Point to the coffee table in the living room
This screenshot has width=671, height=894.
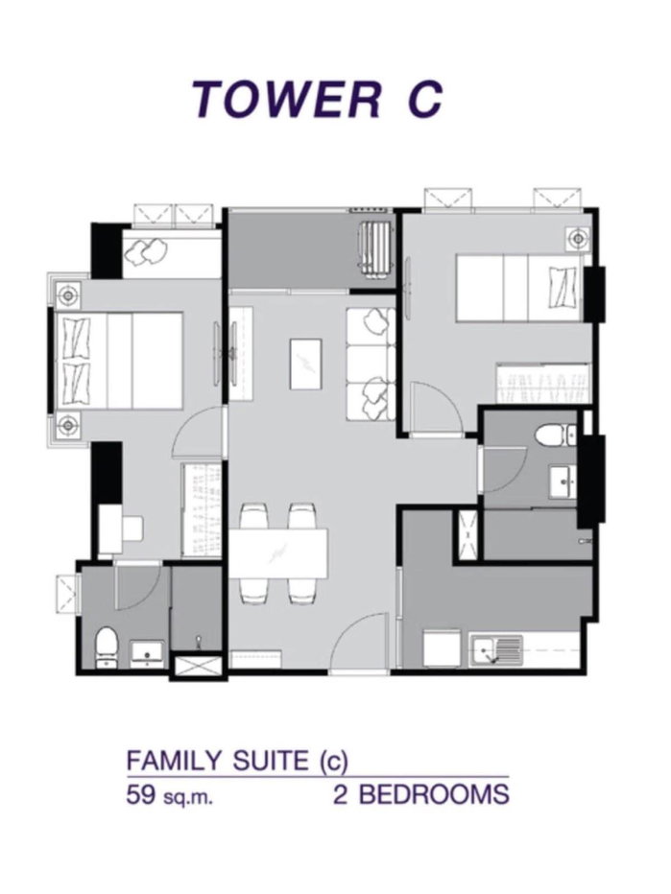pos(306,364)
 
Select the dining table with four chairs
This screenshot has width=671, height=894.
pos(278,553)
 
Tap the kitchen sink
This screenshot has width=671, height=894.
pos(496,650)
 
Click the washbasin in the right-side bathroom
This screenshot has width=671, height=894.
pos(563,481)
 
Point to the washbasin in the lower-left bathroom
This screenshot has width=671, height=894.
pos(148,654)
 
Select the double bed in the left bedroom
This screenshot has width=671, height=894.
pos(119,361)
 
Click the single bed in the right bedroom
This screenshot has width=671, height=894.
pos(518,288)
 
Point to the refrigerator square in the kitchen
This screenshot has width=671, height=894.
pos(441,647)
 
